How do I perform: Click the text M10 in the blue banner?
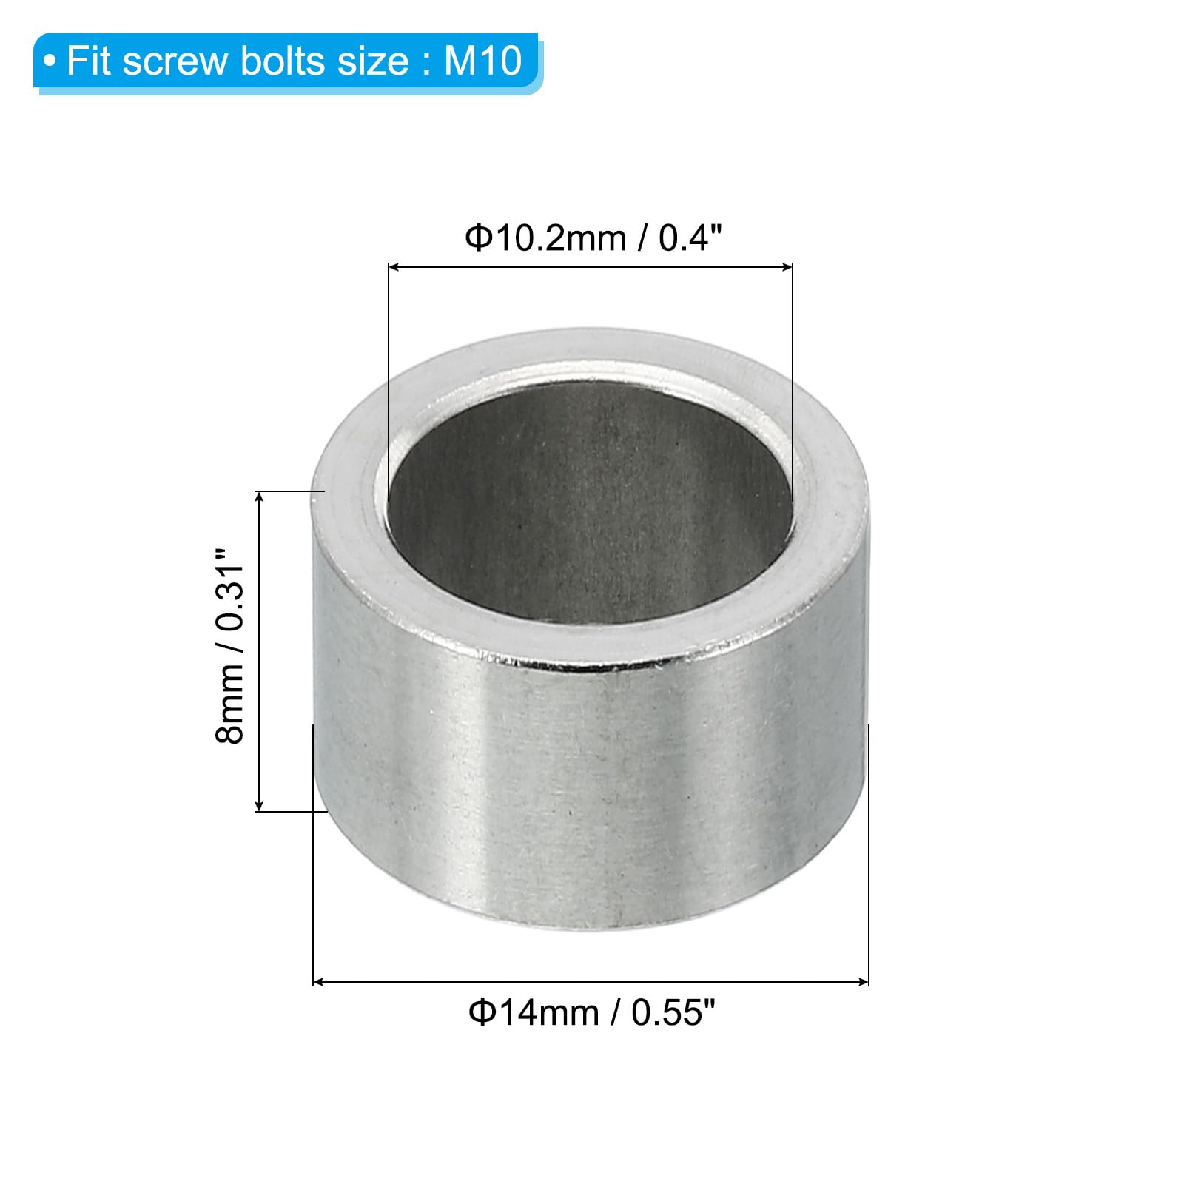[483, 61]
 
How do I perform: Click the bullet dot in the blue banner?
[50, 61]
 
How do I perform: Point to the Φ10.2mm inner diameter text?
[545, 238]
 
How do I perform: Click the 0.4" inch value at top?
[690, 238]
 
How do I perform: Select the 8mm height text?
[229, 703]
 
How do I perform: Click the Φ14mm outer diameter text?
[534, 1012]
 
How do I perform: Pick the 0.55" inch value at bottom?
[673, 1012]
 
